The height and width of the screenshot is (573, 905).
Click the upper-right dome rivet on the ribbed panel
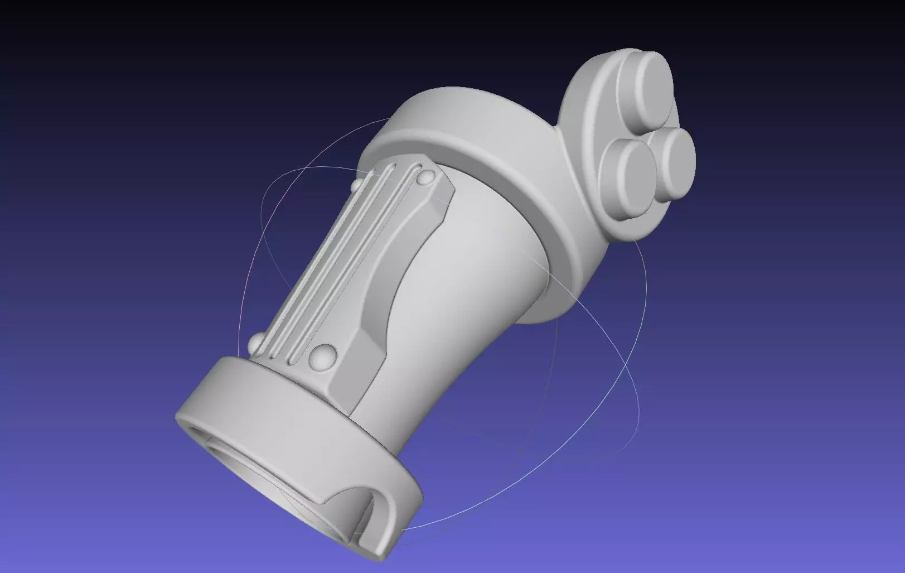[427, 177]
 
